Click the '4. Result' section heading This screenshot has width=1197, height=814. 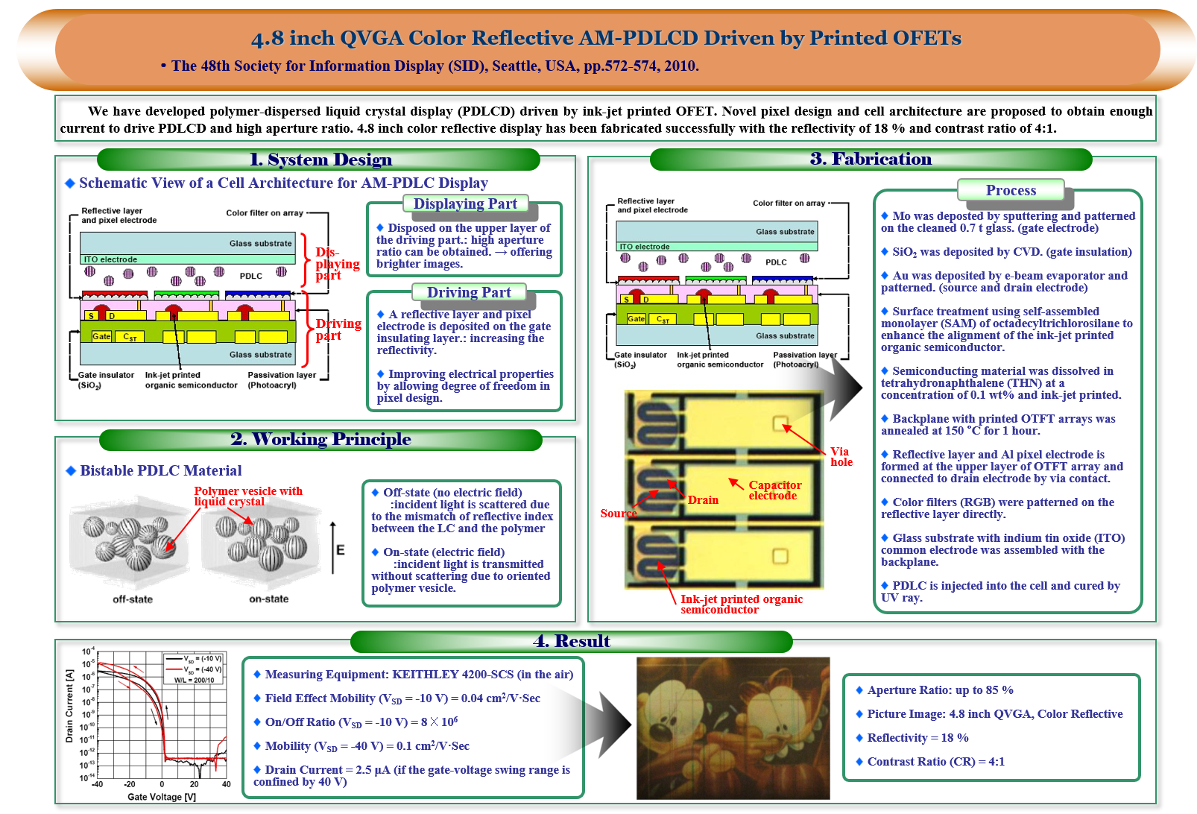click(x=571, y=641)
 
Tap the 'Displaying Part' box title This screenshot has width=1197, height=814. click(x=465, y=203)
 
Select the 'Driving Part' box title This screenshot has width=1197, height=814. click(x=469, y=292)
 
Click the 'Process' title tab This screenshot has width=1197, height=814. click(x=1011, y=190)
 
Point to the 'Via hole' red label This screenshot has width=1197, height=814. click(x=841, y=457)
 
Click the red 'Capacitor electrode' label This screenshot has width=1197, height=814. click(x=775, y=490)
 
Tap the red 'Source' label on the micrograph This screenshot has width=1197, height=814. click(x=619, y=513)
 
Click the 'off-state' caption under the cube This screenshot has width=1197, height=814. click(x=133, y=599)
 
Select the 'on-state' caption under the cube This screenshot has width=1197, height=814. click(x=269, y=599)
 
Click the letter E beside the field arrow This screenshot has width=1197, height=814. click(x=341, y=550)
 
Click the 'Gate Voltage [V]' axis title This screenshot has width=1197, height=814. click(x=162, y=797)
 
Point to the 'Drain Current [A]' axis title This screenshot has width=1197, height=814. click(x=69, y=706)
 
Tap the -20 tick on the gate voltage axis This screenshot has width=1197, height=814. click(x=130, y=784)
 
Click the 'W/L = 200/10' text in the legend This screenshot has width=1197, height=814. click(x=194, y=681)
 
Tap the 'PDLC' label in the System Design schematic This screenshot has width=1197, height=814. click(x=250, y=276)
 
